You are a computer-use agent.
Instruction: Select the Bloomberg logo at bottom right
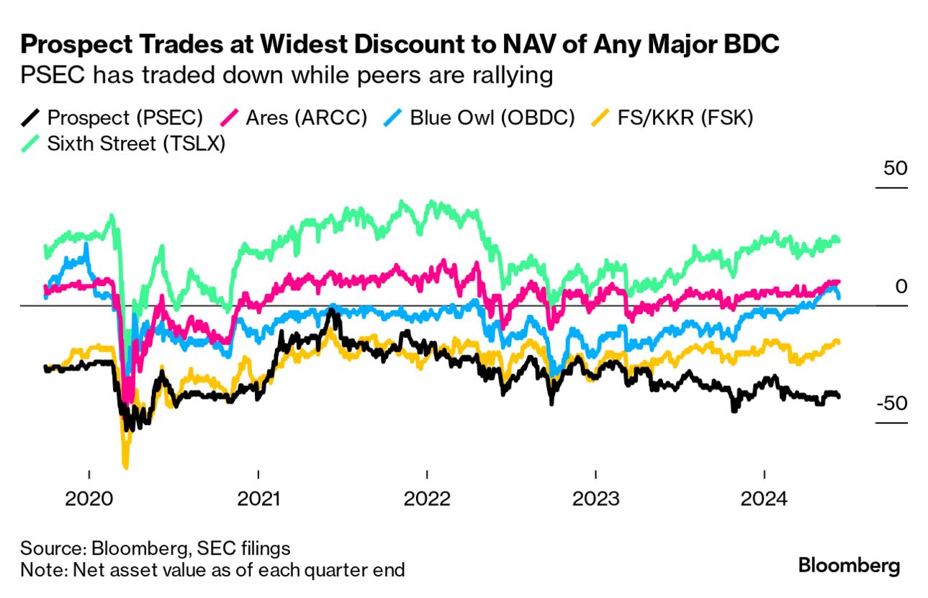(849, 566)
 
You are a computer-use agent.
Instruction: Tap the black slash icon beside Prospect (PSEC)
(30, 117)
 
